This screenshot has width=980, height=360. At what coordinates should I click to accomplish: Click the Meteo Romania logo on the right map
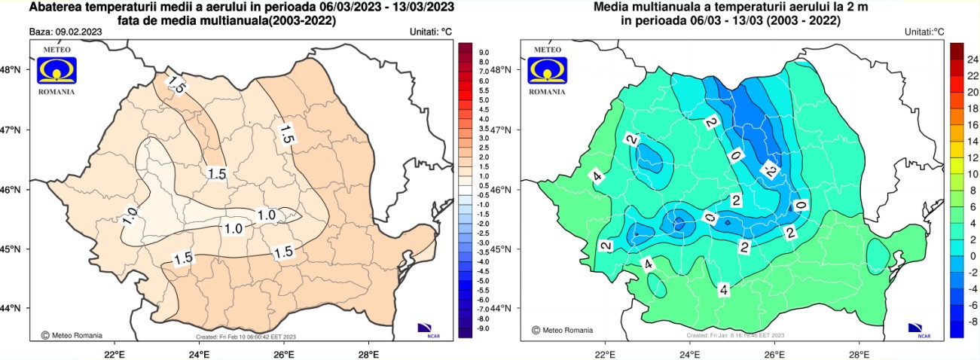coord(547,69)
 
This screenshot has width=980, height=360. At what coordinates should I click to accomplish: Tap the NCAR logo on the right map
coord(918,328)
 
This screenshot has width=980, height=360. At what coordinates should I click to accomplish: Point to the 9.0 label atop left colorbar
coord(484,53)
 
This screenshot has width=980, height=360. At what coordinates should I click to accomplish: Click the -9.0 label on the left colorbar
coord(483,328)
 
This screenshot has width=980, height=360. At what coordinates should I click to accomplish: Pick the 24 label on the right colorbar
coord(972,59)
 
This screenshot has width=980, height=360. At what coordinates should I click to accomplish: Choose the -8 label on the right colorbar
coord(972,322)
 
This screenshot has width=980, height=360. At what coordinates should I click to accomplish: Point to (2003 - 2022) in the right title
coord(797,21)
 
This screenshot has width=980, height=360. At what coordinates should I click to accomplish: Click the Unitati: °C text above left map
coord(431,32)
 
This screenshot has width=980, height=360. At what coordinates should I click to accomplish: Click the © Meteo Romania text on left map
coord(72,335)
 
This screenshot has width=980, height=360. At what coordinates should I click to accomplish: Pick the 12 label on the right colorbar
coord(972,157)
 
